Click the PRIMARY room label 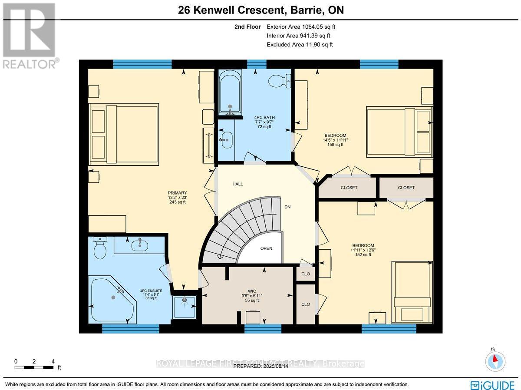[177, 193]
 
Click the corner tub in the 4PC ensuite [111, 299]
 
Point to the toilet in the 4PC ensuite [100, 248]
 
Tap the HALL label [237, 184]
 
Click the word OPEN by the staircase [266, 248]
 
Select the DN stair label [287, 207]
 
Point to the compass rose [495, 360]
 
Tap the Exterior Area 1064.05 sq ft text [301, 27]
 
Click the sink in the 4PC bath [226, 139]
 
